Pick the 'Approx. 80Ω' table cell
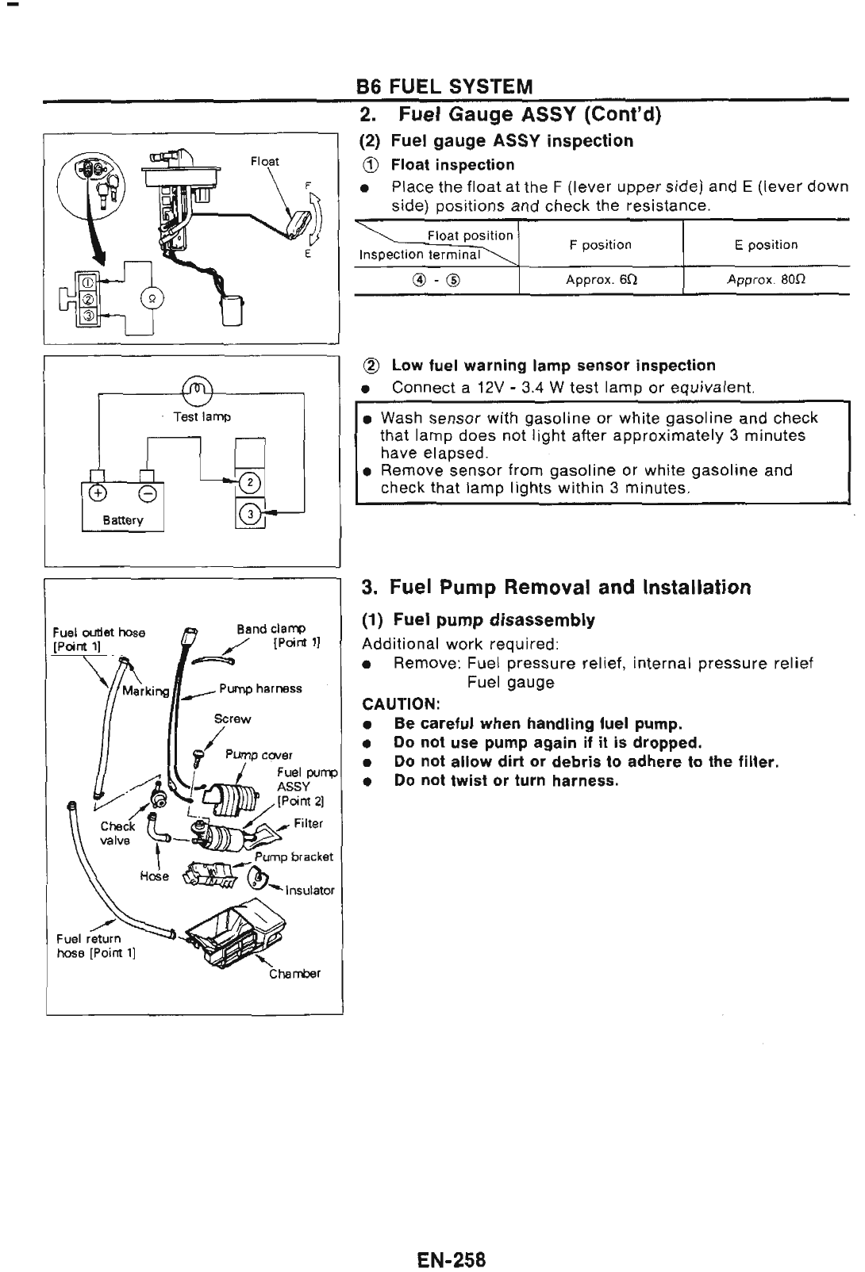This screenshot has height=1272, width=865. (x=765, y=280)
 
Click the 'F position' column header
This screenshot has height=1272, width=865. (x=601, y=245)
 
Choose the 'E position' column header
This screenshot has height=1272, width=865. (x=766, y=245)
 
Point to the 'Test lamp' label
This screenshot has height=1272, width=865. (x=202, y=416)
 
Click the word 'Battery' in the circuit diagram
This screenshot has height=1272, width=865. (x=123, y=520)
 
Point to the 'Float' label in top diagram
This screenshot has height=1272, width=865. (x=265, y=161)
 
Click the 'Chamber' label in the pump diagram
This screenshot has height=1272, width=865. (x=294, y=974)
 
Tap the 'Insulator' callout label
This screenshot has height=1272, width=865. (x=309, y=890)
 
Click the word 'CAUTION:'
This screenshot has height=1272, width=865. (x=401, y=704)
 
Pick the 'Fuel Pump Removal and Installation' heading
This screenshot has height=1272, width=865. (x=556, y=588)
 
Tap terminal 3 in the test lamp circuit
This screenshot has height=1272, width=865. (x=249, y=514)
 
